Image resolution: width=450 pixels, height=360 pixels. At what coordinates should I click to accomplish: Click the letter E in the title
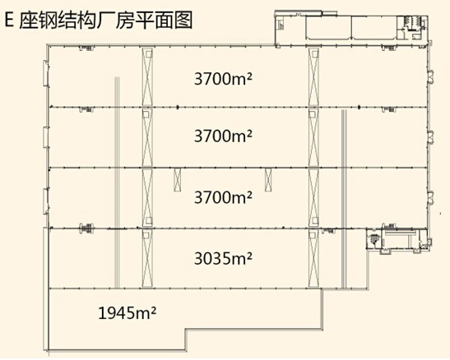(9, 20)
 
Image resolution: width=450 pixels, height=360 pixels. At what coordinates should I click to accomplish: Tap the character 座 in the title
(29, 20)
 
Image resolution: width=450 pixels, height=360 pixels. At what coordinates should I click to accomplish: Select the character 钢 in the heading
(49, 20)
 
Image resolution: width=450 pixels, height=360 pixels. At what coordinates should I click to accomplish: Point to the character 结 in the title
(67, 20)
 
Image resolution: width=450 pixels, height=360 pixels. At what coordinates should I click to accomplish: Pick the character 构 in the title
(86, 20)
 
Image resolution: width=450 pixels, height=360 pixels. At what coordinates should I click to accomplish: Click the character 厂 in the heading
(106, 20)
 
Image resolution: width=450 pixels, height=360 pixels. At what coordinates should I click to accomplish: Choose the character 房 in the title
(125, 20)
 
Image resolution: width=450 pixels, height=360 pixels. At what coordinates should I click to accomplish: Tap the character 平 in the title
(145, 20)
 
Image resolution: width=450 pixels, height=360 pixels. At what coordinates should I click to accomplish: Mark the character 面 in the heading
(165, 20)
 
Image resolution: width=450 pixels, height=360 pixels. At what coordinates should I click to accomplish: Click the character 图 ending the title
(183, 20)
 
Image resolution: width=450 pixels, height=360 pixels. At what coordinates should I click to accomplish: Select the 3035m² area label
(223, 259)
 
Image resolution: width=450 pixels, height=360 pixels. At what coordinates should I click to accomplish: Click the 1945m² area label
(128, 312)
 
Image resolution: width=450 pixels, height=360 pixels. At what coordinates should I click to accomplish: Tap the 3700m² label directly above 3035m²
(223, 197)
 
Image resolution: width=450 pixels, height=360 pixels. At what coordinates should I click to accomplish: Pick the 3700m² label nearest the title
(223, 79)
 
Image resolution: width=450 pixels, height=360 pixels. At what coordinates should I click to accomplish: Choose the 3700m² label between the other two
(223, 136)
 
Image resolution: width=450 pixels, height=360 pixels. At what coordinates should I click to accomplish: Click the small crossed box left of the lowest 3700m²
(178, 180)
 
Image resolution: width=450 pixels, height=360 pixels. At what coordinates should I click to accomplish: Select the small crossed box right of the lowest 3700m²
(268, 180)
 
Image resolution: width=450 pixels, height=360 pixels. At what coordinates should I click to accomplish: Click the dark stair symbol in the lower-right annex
(374, 238)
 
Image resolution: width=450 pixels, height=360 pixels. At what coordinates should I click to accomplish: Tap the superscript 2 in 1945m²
(154, 309)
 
